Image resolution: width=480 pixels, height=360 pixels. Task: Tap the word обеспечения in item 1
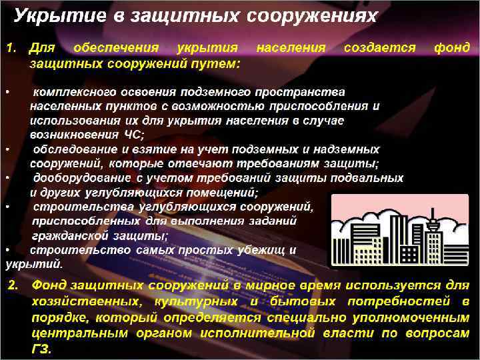(116, 48)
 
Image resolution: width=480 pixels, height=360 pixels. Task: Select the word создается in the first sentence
(379, 48)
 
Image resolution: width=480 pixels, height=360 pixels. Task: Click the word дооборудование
(79, 178)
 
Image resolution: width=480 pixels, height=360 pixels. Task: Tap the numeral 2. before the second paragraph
(14, 286)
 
